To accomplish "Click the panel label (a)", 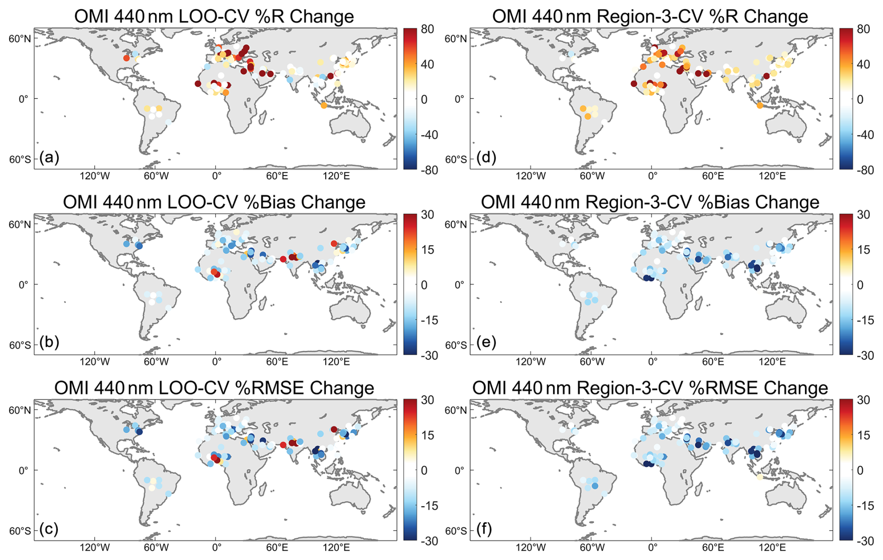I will pos(49,157).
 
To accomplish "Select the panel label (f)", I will pos(485,529).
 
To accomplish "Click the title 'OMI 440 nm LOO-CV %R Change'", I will pos(214,16).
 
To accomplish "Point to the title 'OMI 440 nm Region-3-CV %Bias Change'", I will pos(650,202).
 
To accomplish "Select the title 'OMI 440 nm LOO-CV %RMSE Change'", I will pos(214,388).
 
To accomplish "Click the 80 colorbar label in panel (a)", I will pos(427,29).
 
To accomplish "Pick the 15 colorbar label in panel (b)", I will pos(427,250).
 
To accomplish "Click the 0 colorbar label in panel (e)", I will pos(861,285).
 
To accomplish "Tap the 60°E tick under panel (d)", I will pos(713,176).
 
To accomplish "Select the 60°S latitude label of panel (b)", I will pos(21,345).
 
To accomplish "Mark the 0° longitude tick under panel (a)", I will pos(217,176).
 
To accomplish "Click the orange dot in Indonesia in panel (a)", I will pos(324,106).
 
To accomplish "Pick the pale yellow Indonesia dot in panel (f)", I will pos(760,477).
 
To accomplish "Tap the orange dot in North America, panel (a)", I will pos(126,58).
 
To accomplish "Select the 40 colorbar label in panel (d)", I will pos(863,64).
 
